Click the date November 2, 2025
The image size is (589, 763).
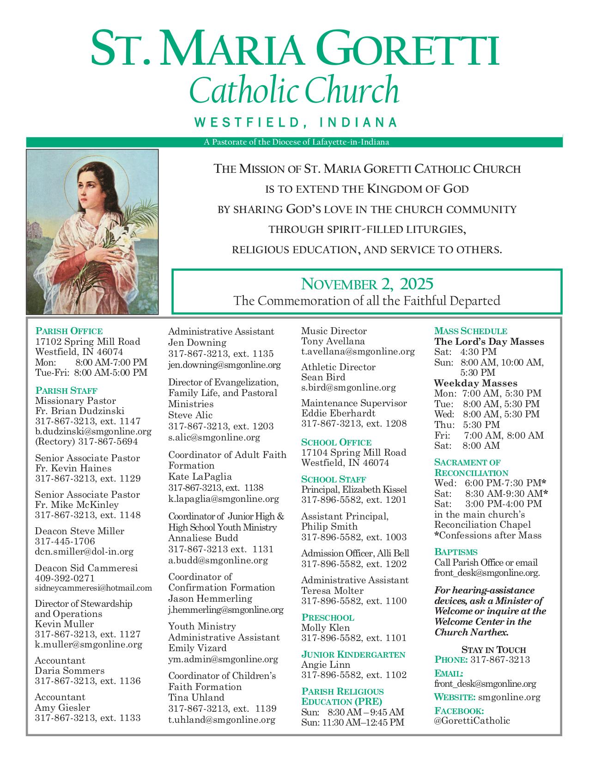[x=367, y=283]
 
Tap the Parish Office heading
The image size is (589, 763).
[x=69, y=331]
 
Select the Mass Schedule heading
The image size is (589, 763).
[x=470, y=331]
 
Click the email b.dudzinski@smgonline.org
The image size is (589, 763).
[x=93, y=432]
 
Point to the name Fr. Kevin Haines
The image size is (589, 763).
[x=73, y=468]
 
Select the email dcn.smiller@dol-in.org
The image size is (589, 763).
[x=84, y=551]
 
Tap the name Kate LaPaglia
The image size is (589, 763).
[x=200, y=476]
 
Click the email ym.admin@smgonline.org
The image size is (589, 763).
[x=223, y=659]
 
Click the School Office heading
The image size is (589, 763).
[x=336, y=442]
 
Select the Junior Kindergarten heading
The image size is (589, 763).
[x=353, y=654]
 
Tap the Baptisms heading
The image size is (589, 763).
[x=455, y=552]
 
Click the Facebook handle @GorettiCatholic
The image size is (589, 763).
[x=472, y=720]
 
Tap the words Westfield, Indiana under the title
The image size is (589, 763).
[x=296, y=122]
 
